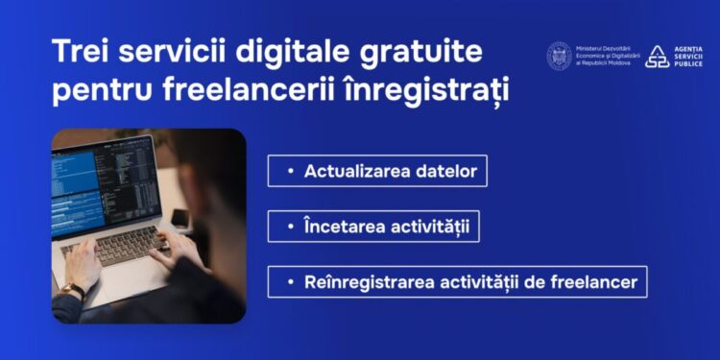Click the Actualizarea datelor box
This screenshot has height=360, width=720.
[377, 171]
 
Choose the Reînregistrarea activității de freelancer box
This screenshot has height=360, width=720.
[457, 283]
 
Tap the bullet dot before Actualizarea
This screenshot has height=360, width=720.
[290, 172]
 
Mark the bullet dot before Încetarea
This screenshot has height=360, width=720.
[290, 228]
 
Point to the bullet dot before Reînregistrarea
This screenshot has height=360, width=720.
[290, 284]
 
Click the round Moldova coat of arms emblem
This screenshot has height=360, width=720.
[559, 55]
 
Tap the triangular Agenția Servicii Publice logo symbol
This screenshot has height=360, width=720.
[657, 56]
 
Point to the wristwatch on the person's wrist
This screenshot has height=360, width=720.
[73, 291]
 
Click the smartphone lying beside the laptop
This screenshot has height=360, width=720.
[180, 219]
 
